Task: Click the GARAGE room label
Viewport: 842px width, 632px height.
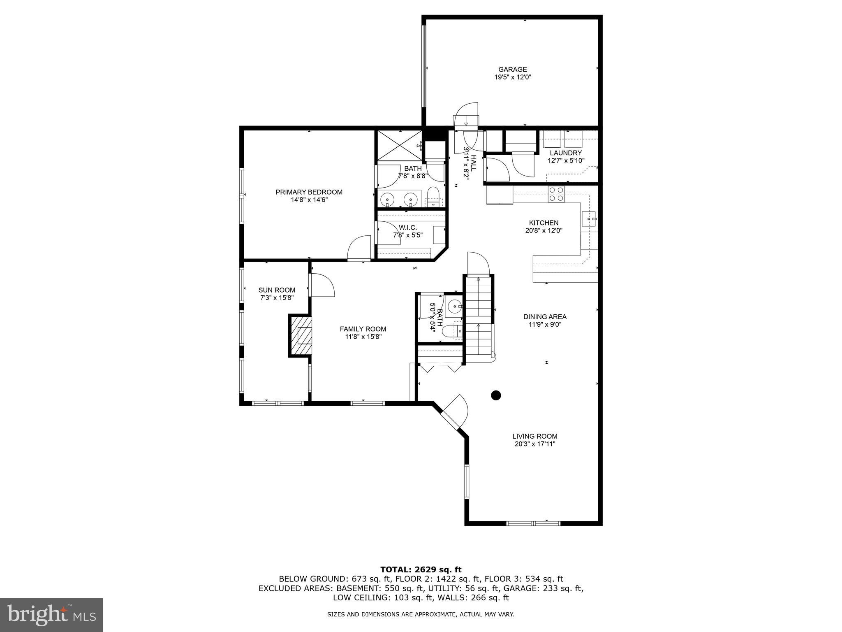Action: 512,70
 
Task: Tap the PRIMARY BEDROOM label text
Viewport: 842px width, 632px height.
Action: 309,192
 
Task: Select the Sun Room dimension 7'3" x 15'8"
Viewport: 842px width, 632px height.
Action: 277,297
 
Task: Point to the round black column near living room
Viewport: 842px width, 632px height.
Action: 496,395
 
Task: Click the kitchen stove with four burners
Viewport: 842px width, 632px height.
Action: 556,194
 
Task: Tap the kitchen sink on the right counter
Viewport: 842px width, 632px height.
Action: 589,219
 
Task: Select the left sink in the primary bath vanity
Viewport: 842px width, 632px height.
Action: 388,200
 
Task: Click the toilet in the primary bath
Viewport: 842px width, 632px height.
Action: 433,197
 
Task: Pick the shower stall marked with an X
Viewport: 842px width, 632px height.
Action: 399,145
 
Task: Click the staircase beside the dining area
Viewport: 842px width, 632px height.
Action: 479,319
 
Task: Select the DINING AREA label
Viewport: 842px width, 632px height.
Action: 545,317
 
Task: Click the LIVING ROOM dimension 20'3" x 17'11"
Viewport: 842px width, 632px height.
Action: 534,444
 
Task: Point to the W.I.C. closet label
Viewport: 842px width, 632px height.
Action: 407,228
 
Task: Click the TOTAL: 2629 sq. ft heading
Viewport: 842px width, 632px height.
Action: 421,569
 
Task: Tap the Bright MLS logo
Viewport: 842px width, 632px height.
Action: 51,615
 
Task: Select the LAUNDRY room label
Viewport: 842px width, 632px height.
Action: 566,153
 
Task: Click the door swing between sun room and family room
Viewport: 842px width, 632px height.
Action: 322,285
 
